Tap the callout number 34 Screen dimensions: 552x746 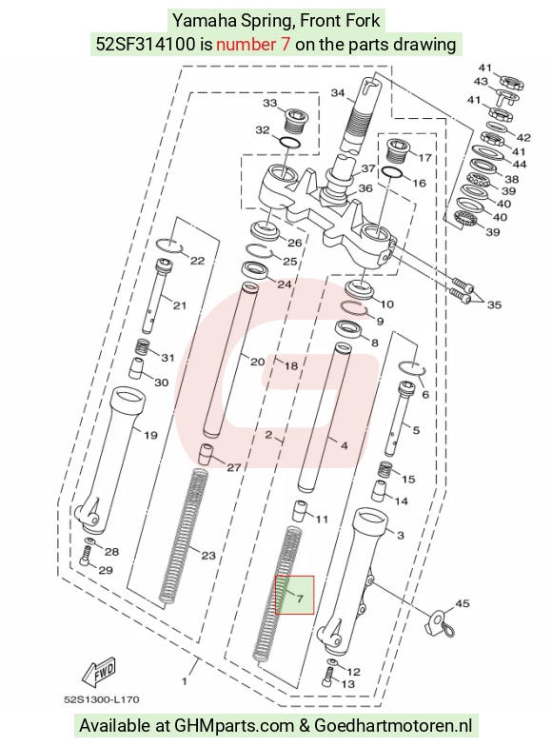337,93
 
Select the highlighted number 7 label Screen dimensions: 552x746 299,599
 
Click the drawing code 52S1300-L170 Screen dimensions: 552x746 102,700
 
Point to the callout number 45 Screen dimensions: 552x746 463,603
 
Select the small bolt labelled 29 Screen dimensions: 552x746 86,557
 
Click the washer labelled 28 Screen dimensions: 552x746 90,541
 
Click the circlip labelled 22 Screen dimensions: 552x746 169,244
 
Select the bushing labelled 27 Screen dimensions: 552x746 206,453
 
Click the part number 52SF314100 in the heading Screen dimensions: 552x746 146,44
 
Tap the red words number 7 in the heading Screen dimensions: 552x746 253,44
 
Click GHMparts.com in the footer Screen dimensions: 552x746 234,725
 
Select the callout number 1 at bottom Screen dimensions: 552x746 185,681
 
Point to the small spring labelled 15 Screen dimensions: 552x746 384,470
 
